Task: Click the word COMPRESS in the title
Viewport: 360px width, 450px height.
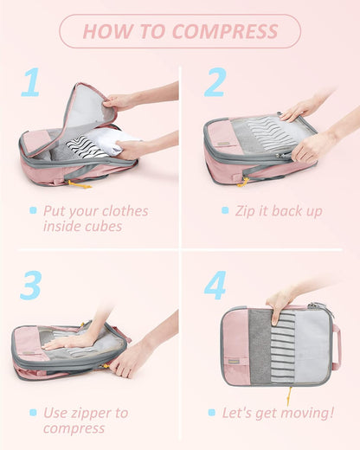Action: point(225,32)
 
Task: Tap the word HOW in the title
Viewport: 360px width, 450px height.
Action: point(103,32)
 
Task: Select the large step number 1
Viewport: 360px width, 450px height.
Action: point(31,82)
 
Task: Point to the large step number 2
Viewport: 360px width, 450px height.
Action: point(215,82)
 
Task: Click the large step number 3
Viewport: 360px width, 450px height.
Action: point(31,285)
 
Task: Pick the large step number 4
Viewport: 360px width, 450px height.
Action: point(215,285)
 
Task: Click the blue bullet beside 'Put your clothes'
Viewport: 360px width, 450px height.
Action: point(33,210)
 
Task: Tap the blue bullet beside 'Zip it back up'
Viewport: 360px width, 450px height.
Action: point(226,210)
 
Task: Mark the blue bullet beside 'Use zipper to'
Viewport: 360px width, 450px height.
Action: point(33,413)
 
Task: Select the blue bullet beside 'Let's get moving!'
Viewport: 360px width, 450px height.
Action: point(211,413)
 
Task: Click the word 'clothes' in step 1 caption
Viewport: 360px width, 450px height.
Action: point(123,211)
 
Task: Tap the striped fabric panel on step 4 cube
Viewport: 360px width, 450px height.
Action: point(285,346)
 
